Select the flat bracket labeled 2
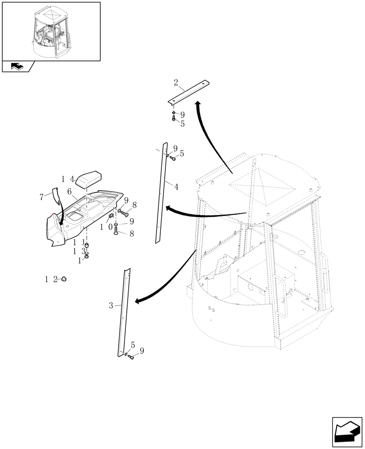(x=189, y=92)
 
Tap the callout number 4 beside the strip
(x=176, y=187)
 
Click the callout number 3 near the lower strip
(x=111, y=306)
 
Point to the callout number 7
(x=42, y=197)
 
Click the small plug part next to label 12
(x=64, y=279)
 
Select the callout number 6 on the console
(x=70, y=192)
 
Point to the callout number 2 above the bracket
(x=176, y=83)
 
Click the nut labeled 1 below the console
(x=87, y=256)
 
